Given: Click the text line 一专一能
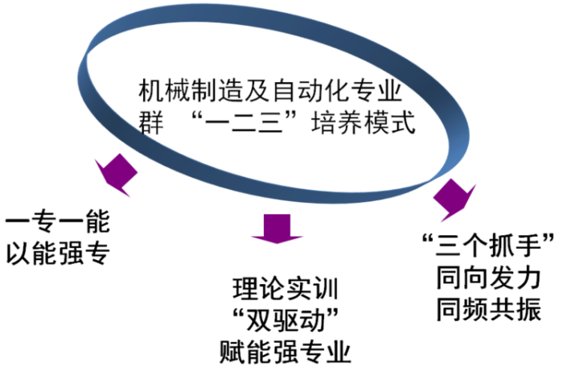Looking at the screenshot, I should [57, 221].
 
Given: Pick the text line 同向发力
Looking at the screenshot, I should [489, 276].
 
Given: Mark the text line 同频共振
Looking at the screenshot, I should [489, 307].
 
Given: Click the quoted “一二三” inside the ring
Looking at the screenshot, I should [257, 125].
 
